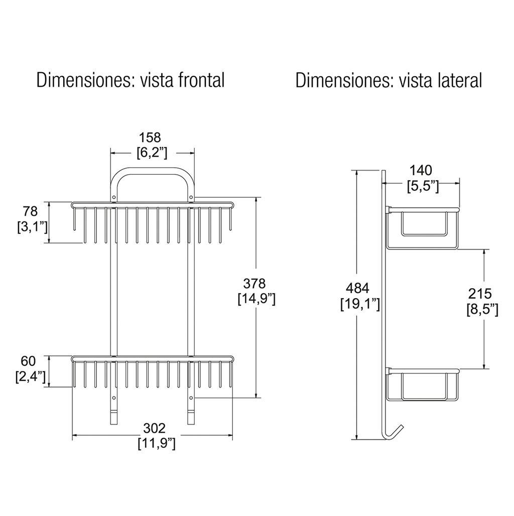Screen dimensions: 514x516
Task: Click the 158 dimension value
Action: (150, 137)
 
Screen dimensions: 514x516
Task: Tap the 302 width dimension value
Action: (154, 428)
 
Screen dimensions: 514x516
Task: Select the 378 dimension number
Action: (254, 283)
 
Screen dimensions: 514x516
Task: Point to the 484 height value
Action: (358, 288)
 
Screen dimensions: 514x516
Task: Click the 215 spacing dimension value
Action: (480, 293)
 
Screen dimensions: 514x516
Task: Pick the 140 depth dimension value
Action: (421, 171)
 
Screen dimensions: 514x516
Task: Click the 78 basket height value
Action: (31, 211)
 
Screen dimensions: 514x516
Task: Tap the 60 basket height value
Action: (28, 361)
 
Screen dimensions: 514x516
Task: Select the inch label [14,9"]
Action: (256, 299)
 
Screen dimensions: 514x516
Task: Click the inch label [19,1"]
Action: (360, 304)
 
